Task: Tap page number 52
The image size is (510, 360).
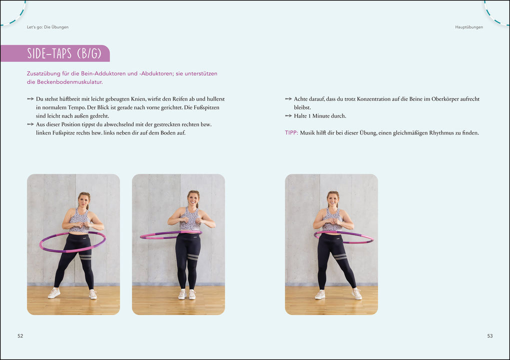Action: click(x=20, y=336)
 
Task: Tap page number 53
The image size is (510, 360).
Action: click(x=490, y=336)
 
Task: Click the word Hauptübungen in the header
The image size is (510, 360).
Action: click(x=468, y=27)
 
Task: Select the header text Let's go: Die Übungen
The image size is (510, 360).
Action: click(x=47, y=27)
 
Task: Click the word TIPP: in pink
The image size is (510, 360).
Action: click(x=291, y=133)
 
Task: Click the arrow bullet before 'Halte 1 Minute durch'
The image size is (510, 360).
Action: click(x=288, y=116)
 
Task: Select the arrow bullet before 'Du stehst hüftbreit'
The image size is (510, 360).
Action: click(x=30, y=99)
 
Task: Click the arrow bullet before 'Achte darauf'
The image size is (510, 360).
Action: click(x=288, y=99)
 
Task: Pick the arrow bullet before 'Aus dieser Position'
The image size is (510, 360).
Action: click(x=30, y=124)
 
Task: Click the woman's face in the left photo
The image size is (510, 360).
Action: click(x=83, y=200)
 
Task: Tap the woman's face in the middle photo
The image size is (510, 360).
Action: click(x=193, y=199)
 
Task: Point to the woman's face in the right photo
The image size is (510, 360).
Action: click(x=333, y=199)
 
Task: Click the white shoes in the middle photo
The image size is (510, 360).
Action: click(x=187, y=294)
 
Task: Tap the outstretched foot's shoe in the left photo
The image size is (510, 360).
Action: click(x=54, y=293)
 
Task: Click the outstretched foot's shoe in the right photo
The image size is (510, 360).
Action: click(x=356, y=294)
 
